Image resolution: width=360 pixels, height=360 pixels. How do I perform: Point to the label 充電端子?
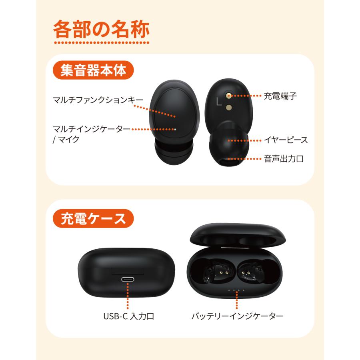[x=280, y=96]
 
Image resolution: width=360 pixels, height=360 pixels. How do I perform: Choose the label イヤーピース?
[x=286, y=140]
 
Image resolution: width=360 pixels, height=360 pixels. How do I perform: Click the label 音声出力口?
[x=284, y=159]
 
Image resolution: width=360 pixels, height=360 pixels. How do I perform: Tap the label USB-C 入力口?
[x=128, y=316]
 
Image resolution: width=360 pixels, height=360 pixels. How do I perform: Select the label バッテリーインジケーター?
[x=238, y=316]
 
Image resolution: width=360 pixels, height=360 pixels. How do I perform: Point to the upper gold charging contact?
[x=228, y=95]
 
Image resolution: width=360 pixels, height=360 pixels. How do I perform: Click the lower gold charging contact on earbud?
[x=228, y=107]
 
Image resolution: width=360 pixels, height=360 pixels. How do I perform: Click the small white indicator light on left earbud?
[x=175, y=129]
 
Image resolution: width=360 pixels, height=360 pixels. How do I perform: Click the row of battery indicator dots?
[x=236, y=290]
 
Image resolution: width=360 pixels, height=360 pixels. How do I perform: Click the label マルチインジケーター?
[x=92, y=129]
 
